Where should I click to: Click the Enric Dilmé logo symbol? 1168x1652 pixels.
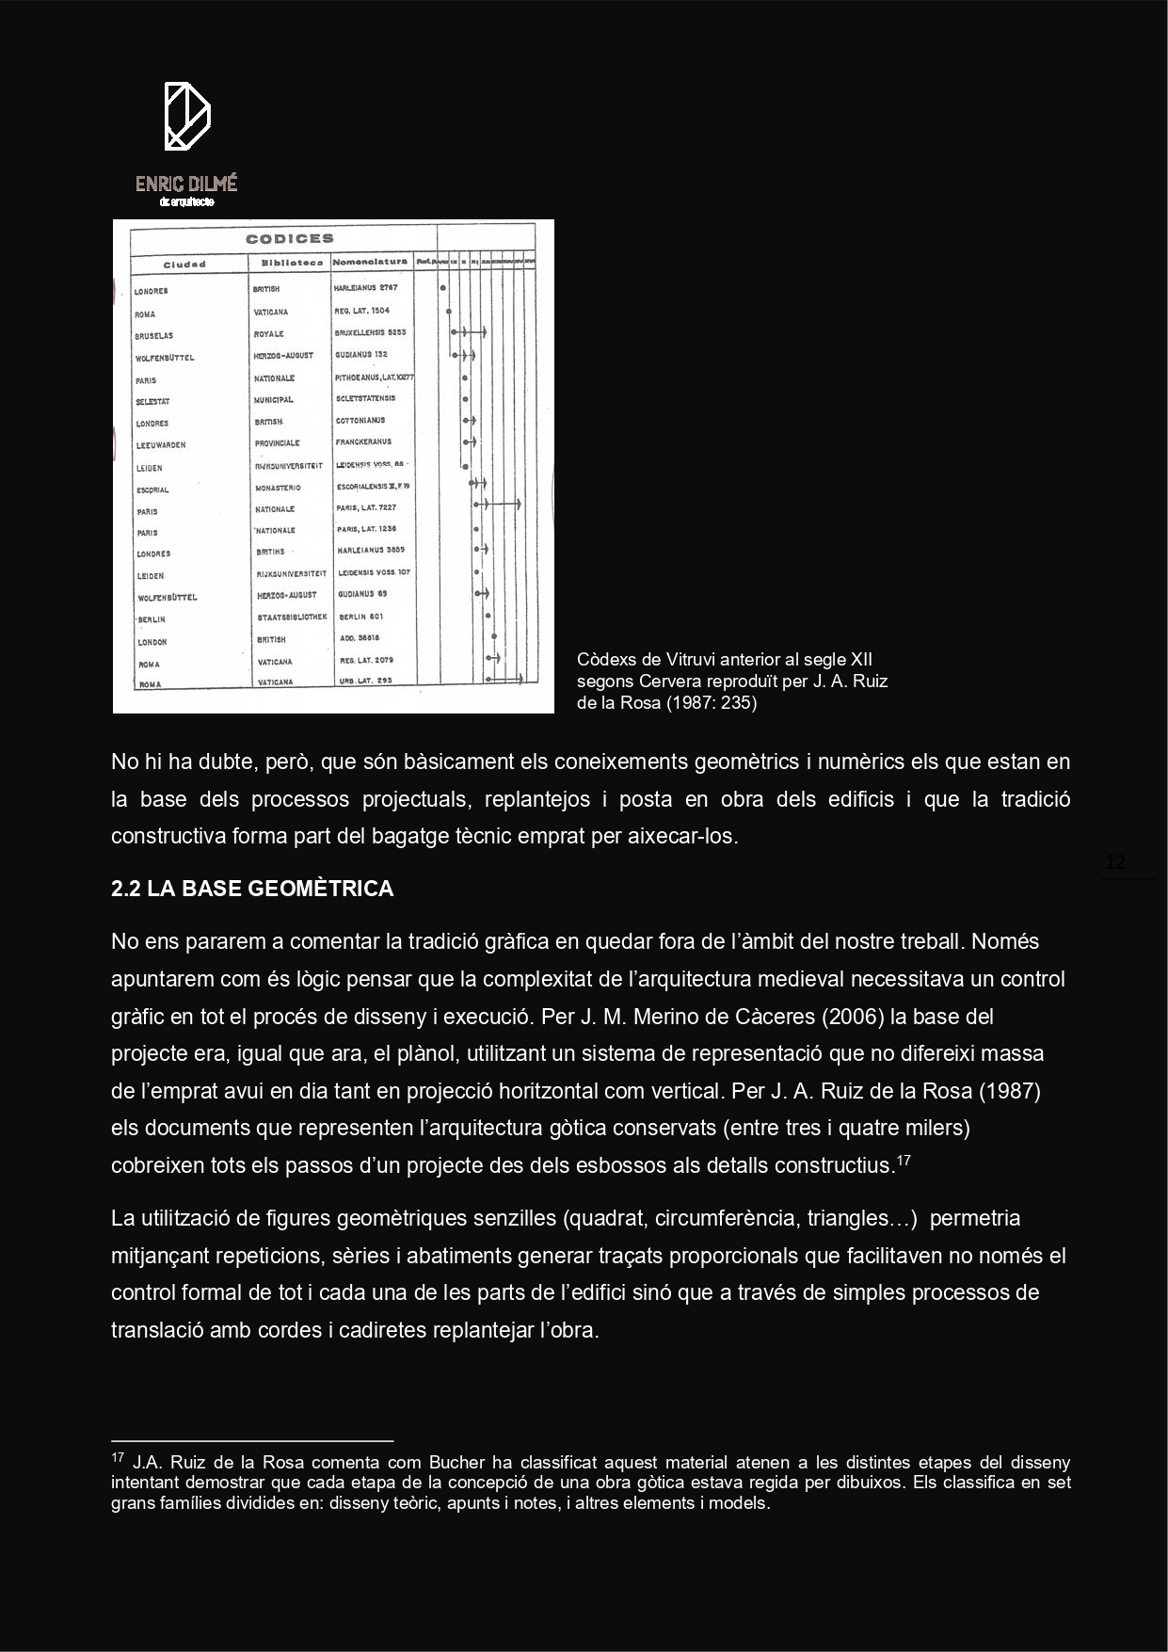click(186, 116)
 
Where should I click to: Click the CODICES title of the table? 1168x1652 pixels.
click(290, 239)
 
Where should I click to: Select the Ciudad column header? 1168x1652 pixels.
click(184, 265)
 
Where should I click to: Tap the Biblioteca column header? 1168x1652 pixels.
click(292, 263)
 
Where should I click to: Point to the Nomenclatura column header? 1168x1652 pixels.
click(371, 262)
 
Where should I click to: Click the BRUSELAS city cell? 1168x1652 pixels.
click(153, 336)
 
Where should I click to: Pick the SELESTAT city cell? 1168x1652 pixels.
click(152, 402)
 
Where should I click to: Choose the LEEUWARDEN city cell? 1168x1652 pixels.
click(161, 445)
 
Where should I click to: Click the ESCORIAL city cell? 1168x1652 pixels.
click(152, 490)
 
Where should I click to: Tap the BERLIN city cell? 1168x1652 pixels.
click(152, 619)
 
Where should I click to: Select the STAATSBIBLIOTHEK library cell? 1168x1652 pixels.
click(292, 617)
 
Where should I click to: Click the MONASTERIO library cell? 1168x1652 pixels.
click(278, 489)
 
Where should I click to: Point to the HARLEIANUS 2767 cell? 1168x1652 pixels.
click(366, 288)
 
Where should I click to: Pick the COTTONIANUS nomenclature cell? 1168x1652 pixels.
click(360, 420)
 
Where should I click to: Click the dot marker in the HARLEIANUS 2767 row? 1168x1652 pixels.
click(442, 288)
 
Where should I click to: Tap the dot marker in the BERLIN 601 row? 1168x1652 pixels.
click(488, 617)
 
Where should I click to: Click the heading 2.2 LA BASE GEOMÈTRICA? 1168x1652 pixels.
click(252, 889)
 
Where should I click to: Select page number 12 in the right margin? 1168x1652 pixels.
click(1115, 863)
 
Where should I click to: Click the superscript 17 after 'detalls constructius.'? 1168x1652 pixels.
click(903, 1160)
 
